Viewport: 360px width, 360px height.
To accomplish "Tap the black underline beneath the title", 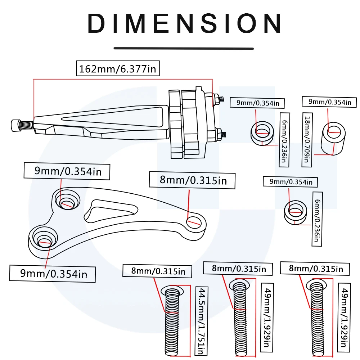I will [x=184, y=48].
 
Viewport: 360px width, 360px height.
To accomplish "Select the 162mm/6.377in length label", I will [x=118, y=68].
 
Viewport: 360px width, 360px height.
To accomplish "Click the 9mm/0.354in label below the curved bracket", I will [x=53, y=274].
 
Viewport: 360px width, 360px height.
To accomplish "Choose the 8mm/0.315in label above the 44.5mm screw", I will [x=158, y=270].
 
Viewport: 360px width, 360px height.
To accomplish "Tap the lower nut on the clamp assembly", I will [x=220, y=135].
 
